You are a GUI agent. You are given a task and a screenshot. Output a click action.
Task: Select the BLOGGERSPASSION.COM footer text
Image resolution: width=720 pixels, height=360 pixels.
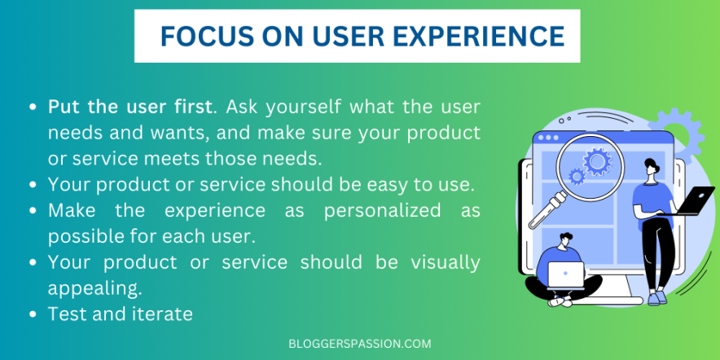tap(360, 344)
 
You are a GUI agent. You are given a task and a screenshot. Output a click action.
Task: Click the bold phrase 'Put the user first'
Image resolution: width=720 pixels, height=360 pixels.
tap(130, 108)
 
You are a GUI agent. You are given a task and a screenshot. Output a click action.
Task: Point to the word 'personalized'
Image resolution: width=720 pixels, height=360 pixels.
tap(382, 211)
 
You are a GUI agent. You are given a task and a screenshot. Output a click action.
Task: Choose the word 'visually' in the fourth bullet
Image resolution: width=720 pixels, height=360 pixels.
tap(446, 262)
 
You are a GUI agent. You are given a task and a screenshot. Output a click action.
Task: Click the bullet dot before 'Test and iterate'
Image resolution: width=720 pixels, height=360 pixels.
tap(33, 315)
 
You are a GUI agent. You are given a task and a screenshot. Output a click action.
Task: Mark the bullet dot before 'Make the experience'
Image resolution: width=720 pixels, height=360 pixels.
tap(33, 212)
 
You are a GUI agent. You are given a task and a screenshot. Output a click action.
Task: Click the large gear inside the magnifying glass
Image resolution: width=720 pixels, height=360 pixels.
tap(597, 161)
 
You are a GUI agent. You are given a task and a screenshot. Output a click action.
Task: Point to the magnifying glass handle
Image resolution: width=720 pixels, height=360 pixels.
tap(547, 210)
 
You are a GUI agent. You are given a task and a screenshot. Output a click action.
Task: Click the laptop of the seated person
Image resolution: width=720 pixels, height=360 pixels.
tap(566, 274)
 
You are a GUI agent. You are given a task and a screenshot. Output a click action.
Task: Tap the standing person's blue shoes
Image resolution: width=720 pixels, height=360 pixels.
tap(656, 297)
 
